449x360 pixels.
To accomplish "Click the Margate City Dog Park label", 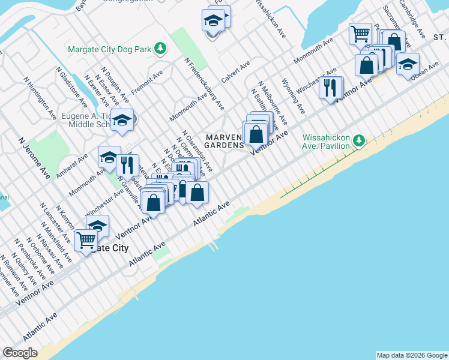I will click(x=109, y=49).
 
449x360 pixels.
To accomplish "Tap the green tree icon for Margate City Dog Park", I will click(x=160, y=48).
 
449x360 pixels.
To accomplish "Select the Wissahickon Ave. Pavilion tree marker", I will click(x=359, y=140).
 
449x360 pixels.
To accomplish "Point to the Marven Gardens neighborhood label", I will click(x=225, y=141).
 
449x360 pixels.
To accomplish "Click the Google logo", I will click(x=21, y=353).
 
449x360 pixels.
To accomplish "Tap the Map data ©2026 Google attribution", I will click(x=411, y=355).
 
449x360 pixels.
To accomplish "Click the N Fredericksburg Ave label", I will click(x=204, y=83).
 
